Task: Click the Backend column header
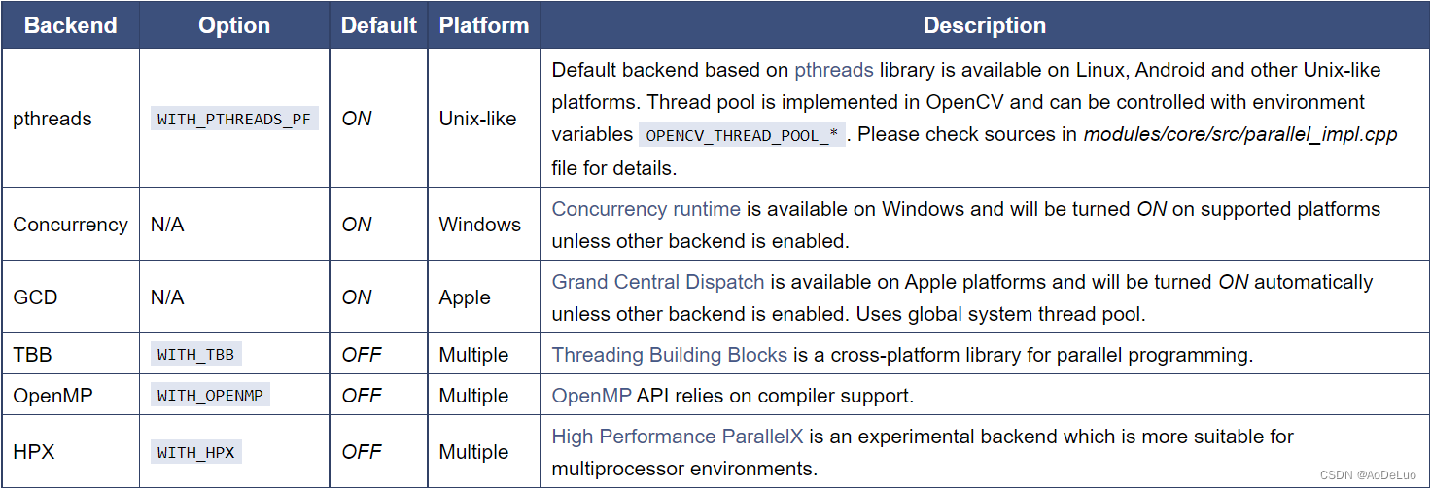[70, 25]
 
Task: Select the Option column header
[234, 25]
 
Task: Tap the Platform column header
[483, 25]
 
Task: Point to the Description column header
[984, 25]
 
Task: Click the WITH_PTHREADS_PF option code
[234, 119]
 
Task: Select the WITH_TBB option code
[195, 355]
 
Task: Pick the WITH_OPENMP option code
[209, 396]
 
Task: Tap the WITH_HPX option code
[195, 452]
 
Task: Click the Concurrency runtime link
[646, 209]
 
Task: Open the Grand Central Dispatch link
[658, 282]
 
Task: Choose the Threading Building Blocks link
[670, 355]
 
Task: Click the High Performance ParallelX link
[678, 437]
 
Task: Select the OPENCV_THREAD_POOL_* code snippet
[742, 135]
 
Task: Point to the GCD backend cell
[35, 297]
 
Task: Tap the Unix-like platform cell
[476, 119]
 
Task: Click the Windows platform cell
[479, 225]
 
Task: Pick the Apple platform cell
[465, 297]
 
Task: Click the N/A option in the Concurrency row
[167, 225]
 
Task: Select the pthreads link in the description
[833, 70]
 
